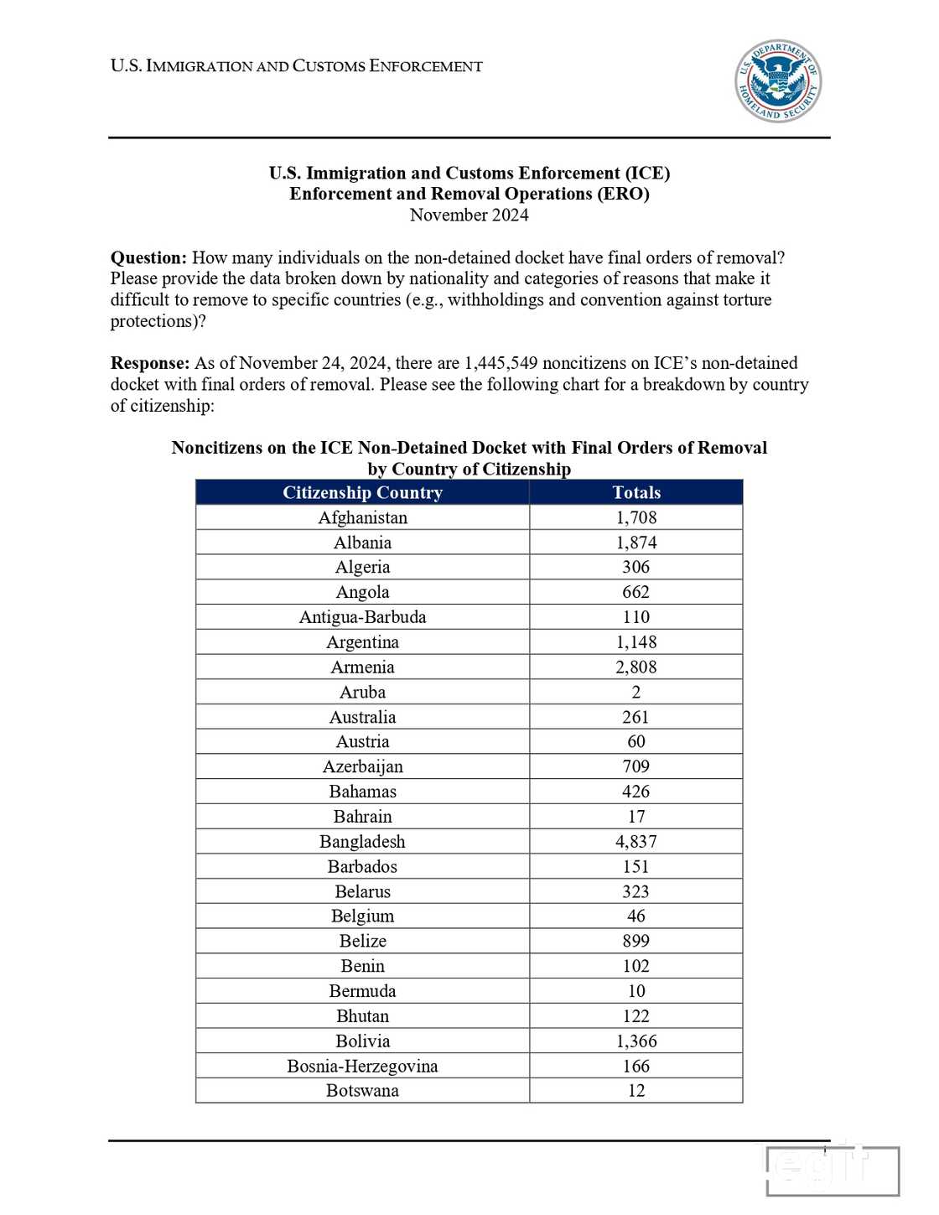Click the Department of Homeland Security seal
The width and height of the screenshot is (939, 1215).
point(778,81)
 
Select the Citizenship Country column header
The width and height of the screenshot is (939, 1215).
point(362,493)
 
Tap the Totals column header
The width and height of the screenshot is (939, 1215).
point(636,493)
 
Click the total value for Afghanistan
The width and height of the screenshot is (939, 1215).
point(636,517)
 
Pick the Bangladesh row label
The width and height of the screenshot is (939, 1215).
point(362,841)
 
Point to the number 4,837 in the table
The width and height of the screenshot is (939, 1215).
point(636,841)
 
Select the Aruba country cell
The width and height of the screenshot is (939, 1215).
point(362,692)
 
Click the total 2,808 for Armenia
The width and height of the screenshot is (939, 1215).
point(636,667)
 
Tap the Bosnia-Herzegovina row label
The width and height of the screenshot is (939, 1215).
point(362,1066)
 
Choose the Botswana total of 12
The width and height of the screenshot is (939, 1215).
point(636,1090)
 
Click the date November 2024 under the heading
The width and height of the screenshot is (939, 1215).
point(469,215)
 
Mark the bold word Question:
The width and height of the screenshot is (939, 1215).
point(148,258)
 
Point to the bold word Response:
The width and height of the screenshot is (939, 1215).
point(150,363)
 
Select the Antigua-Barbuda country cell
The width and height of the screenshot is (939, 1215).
point(362,617)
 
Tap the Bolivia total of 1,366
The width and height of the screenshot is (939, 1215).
point(636,1041)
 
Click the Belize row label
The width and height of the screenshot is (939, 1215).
point(362,941)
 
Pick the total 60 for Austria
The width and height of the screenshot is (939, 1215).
point(636,741)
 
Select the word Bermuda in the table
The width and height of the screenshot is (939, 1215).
point(362,991)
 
